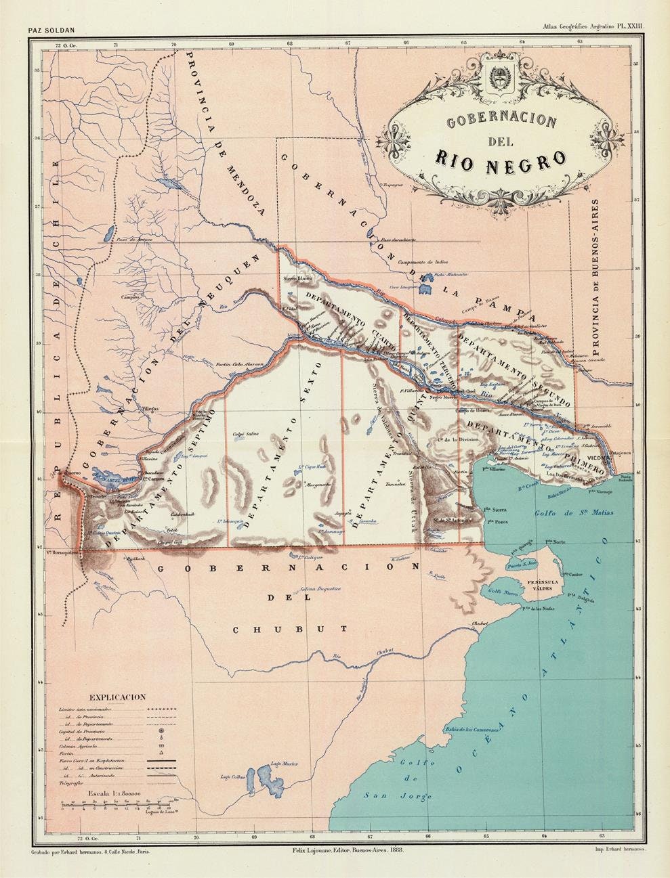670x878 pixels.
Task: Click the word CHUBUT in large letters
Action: pyautogui.click(x=291, y=629)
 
